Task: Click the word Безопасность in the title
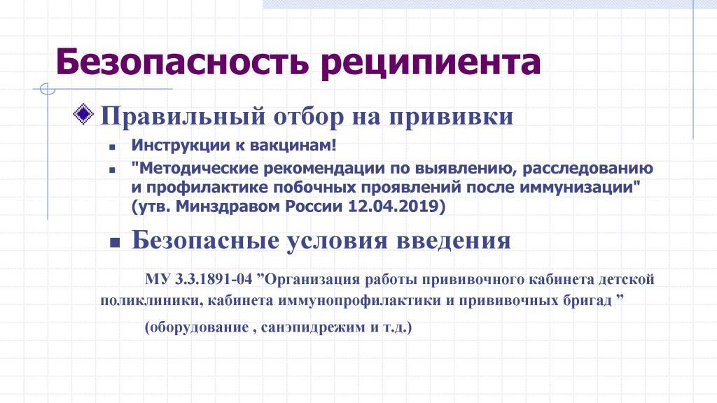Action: tap(182, 62)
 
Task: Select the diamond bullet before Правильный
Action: tap(83, 114)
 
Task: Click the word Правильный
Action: tap(183, 116)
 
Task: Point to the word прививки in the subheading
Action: tap(452, 117)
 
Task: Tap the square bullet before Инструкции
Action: tap(113, 147)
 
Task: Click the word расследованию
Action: tap(587, 169)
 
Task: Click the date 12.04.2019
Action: tap(397, 206)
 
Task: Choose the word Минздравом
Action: tap(228, 207)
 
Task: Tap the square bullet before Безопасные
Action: tap(114, 243)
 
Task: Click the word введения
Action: tap(453, 241)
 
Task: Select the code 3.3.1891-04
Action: tap(214, 278)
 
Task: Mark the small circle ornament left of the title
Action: tap(48, 89)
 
